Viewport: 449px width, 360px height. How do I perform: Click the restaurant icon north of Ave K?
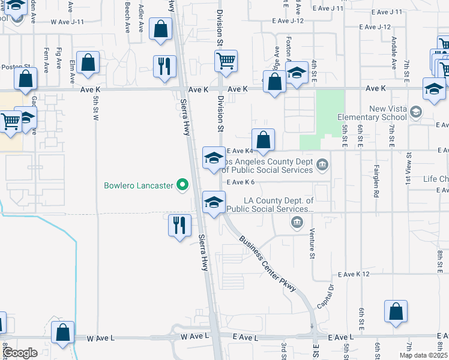pos(164,66)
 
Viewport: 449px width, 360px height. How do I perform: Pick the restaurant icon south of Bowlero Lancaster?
pos(179,226)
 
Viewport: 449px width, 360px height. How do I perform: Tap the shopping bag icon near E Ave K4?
pos(263,141)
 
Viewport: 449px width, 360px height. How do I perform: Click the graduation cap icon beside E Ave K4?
pos(214,158)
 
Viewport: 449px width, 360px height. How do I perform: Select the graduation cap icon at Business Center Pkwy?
pos(214,203)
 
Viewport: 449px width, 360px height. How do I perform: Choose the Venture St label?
pos(312,244)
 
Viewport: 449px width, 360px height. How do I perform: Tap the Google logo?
pos(20,353)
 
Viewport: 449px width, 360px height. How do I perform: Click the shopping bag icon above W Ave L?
pos(62,333)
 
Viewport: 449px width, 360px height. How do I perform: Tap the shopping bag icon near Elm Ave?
pos(88,63)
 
